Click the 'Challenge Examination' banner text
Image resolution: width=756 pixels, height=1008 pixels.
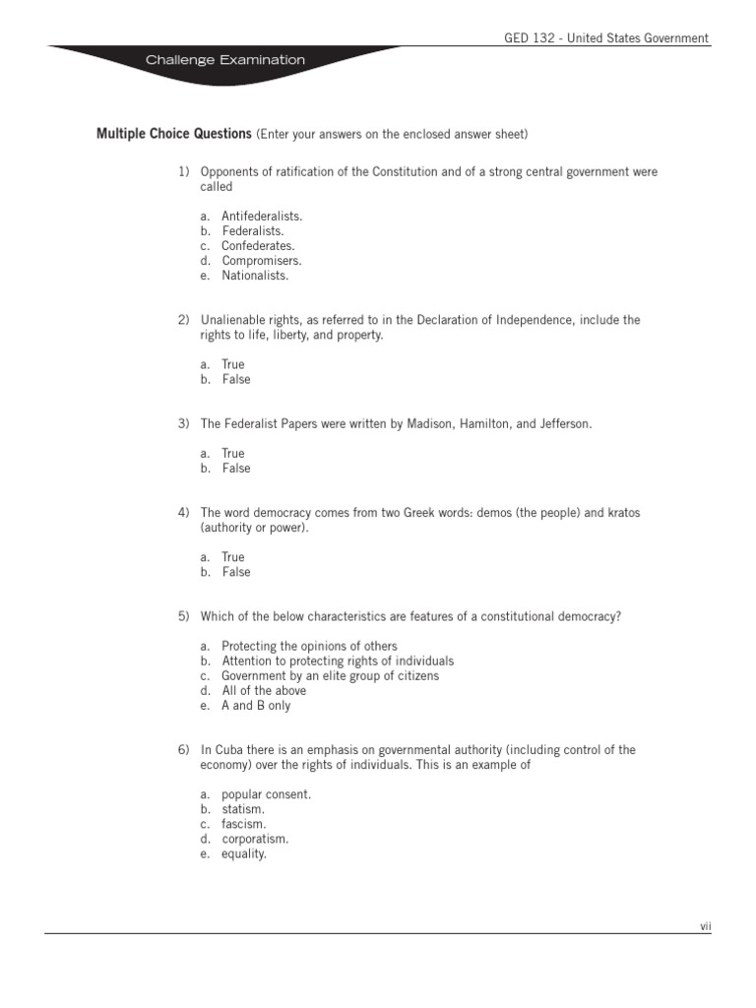pos(225,60)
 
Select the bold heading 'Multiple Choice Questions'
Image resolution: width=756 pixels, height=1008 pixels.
pos(173,133)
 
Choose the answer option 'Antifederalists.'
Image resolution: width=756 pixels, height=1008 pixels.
pos(262,216)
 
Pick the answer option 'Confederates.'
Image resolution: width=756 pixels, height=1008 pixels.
pos(258,246)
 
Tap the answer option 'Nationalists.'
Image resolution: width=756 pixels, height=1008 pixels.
pos(255,276)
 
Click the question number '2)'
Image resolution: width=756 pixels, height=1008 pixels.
pos(183,320)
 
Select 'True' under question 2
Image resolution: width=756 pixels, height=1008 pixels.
pos(233,364)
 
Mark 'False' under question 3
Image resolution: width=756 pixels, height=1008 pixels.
pos(236,469)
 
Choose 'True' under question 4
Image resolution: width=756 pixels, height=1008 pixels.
pos(233,557)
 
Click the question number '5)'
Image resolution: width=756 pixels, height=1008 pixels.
pos(183,616)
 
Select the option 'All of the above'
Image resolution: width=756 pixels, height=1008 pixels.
pos(264,691)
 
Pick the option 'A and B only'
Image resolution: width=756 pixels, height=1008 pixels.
pos(256,706)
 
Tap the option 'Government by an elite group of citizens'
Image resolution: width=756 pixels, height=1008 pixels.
pos(330,676)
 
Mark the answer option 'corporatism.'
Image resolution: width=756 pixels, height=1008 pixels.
pos(255,839)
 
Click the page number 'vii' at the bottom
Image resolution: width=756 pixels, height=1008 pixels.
pos(705,925)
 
